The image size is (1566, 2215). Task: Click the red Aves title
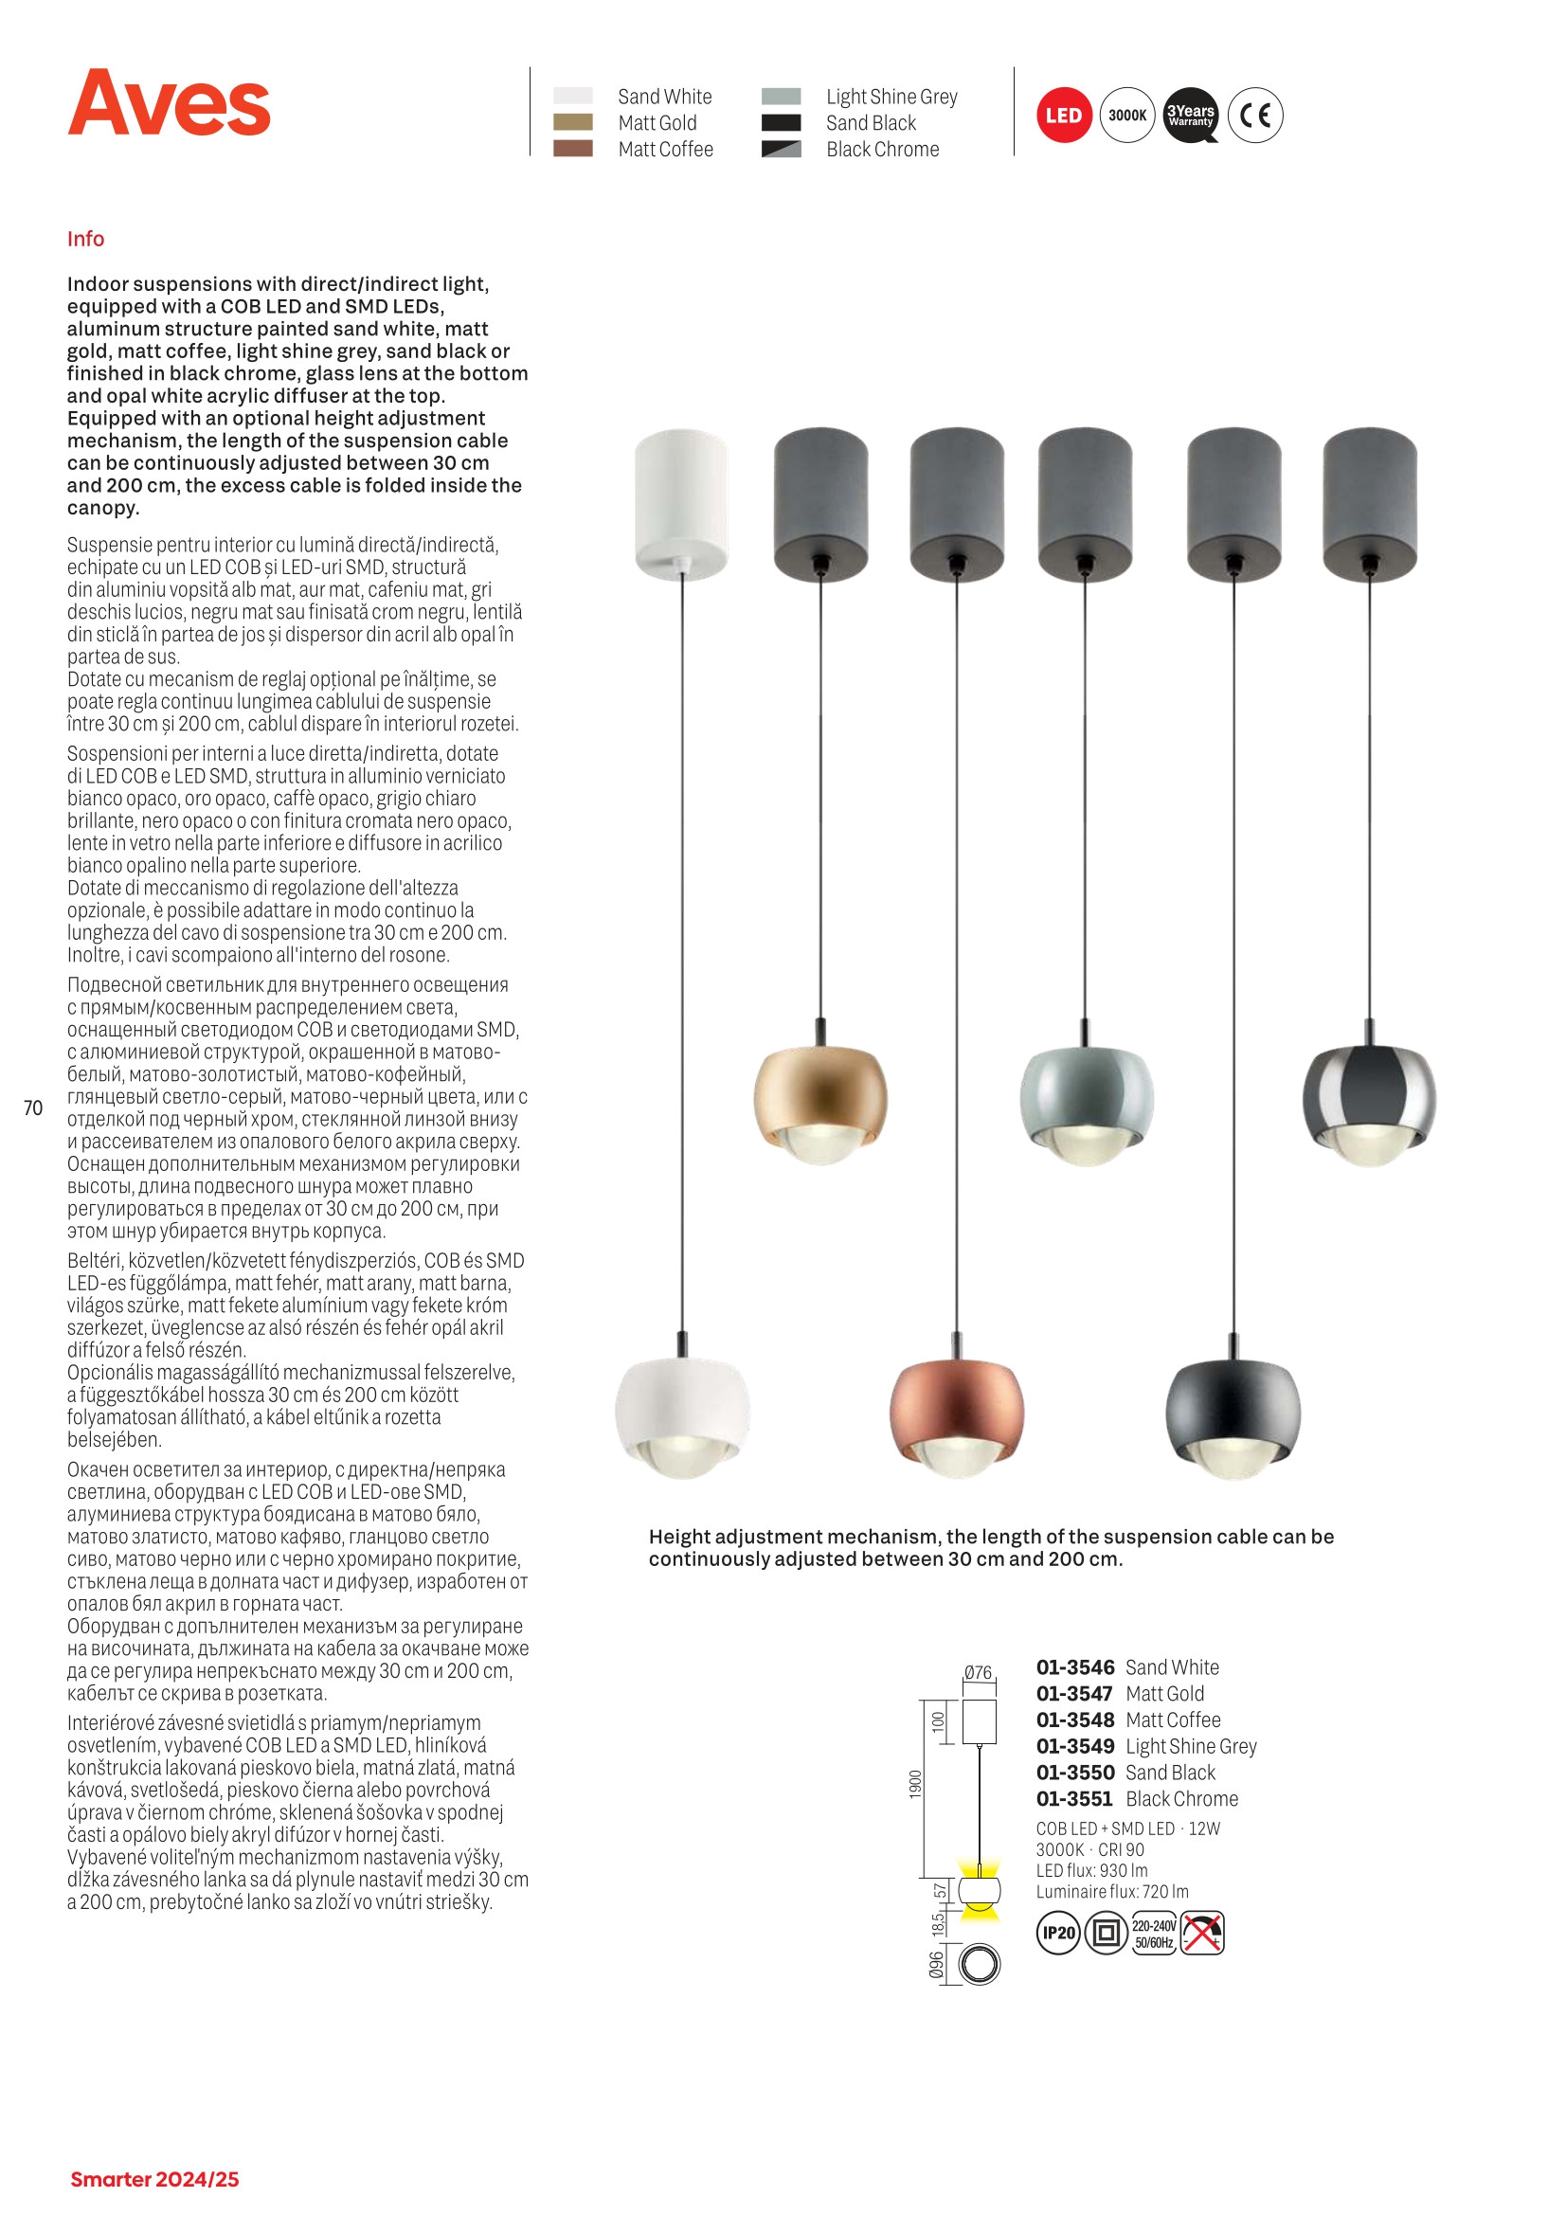coord(169,103)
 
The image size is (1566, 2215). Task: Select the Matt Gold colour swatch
coord(572,122)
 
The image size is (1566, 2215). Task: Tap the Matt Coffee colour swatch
coord(572,149)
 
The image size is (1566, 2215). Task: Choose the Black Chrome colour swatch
coord(781,150)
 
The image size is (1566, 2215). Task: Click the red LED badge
coord(1063,116)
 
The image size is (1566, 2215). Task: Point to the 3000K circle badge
coord(1127,116)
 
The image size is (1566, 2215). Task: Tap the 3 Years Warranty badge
coord(1191,116)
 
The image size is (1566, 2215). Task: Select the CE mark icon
coord(1255,116)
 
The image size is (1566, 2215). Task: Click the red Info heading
coord(86,240)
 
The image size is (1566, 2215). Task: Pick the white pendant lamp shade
coord(682,1414)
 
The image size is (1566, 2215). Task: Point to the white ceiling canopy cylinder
coord(681,504)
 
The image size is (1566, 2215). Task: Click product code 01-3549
coord(1075,1746)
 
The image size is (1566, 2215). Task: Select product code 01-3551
coord(1075,1799)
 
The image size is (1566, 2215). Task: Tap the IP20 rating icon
coord(1058,1933)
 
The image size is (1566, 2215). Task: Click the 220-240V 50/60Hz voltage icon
coord(1154,1933)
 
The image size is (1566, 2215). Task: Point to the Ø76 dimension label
coord(978,1673)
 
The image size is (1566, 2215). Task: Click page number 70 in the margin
coord(34,1108)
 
